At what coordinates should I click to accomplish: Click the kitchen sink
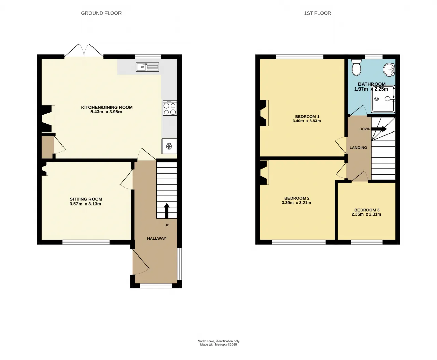coord(147,67)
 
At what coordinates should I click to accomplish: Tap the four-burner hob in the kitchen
coord(170,108)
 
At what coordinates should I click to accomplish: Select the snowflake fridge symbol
coord(169,146)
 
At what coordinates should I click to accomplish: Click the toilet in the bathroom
coord(356,67)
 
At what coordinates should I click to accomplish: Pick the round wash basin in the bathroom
coord(389,70)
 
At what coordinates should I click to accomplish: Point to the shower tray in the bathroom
coord(383,99)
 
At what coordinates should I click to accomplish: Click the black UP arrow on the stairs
coord(167,211)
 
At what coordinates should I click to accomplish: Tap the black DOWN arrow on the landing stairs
coord(379,129)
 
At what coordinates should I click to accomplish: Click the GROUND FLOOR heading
coord(101,13)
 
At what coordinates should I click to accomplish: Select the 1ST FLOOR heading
coord(318,13)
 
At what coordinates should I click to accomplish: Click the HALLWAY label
coord(156,238)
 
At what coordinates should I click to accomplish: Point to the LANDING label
coord(358,148)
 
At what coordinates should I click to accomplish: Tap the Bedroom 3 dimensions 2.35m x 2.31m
coord(366,214)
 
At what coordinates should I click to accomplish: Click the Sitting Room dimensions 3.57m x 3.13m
coord(85,204)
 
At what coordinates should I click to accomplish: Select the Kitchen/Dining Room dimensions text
coord(106,112)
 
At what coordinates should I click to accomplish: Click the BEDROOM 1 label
coord(307,117)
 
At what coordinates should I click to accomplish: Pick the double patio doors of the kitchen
coord(84,51)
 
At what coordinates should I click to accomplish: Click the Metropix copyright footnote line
coord(218,345)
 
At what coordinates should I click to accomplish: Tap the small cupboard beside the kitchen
coord(47,147)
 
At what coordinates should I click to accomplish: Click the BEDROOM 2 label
coord(297,198)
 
